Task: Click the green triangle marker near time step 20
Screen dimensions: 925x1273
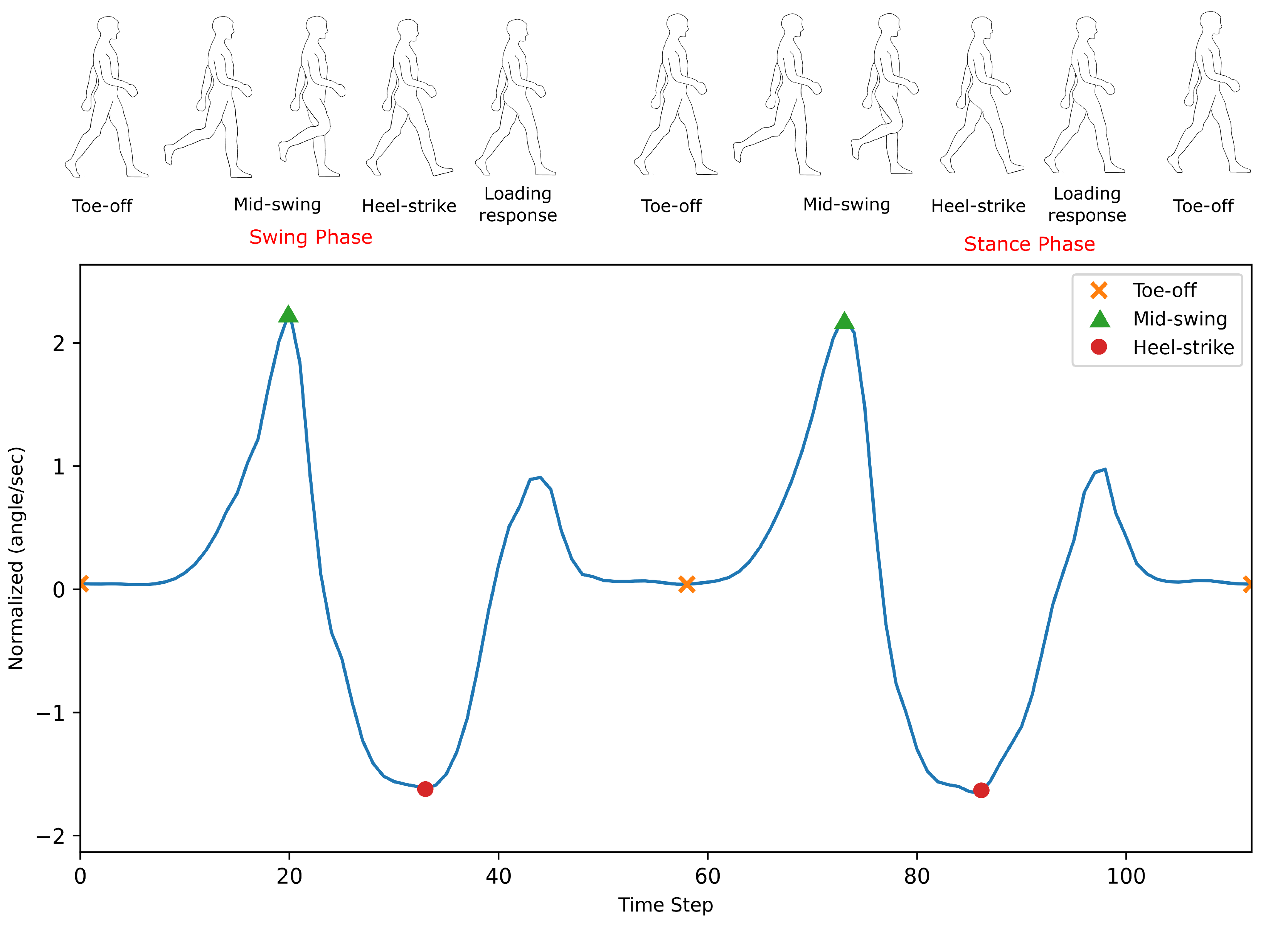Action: (x=288, y=315)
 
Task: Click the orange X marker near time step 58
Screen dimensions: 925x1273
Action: (x=687, y=584)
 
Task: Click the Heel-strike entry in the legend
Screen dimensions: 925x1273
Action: (x=1183, y=347)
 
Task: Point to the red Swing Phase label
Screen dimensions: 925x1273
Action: (x=310, y=237)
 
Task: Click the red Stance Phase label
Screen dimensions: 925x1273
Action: (x=1029, y=244)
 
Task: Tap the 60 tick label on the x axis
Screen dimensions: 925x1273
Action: (x=707, y=876)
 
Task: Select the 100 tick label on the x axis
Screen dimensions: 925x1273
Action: (x=1125, y=876)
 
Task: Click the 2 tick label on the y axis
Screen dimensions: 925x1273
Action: (x=58, y=343)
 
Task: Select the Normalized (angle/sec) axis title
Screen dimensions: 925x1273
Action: (x=16, y=558)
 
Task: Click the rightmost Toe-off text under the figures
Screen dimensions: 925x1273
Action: (x=1203, y=206)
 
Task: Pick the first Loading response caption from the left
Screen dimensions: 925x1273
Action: (x=517, y=204)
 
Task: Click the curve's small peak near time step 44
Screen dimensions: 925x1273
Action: (x=539, y=478)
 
